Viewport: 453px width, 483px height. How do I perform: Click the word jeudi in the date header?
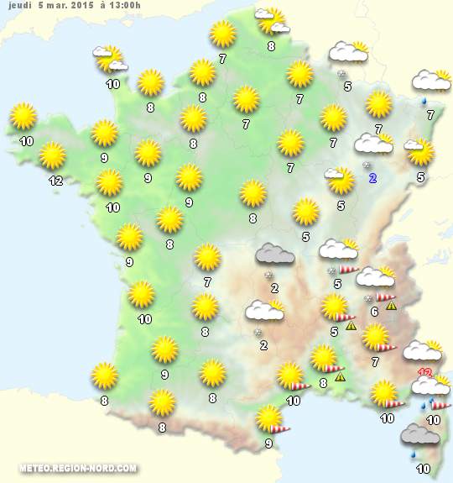tap(18, 7)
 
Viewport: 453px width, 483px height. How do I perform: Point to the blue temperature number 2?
tap(373, 177)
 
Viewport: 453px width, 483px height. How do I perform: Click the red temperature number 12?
tap(424, 373)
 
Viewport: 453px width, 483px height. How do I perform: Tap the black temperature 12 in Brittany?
tap(55, 181)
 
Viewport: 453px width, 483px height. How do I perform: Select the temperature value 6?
tap(374, 311)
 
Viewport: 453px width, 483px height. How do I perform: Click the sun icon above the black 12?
tap(53, 155)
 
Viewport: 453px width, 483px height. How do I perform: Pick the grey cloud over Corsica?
tap(420, 435)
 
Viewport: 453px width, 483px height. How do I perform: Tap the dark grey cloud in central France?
tap(274, 254)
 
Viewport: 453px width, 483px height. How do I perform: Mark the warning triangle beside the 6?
tap(391, 305)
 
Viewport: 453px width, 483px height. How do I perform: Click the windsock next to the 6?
tap(385, 296)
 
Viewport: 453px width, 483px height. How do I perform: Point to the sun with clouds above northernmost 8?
tap(271, 18)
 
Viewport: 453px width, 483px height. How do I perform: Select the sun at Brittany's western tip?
tap(24, 117)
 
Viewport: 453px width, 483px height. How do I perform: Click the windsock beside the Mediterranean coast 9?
tap(281, 428)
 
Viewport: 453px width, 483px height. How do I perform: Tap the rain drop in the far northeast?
tap(427, 101)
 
